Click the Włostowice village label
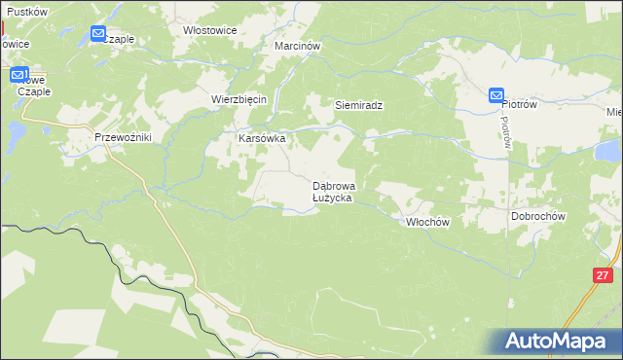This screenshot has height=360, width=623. pos(210,30)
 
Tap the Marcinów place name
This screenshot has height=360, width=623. pos(298,46)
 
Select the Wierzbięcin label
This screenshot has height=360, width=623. pos(239,99)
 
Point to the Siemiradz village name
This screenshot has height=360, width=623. pos(357,104)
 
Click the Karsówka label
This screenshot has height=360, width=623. pos(262,138)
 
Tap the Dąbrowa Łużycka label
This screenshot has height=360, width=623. pos(333,191)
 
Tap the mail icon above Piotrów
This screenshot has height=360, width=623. pos(495,95)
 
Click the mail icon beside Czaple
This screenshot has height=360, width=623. pos(98,34)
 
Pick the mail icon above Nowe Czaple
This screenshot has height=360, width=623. pos(18,74)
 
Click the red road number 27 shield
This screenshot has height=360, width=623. pos(600,275)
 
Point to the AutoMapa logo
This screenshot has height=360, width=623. pos(556,342)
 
